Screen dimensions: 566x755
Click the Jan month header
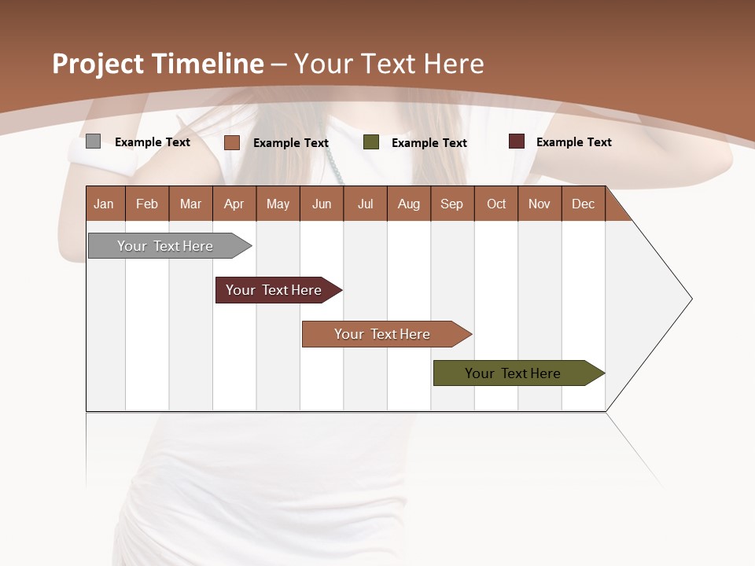(104, 204)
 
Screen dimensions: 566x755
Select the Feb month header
(147, 204)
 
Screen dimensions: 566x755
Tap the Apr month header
(234, 204)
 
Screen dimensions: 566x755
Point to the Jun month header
(322, 204)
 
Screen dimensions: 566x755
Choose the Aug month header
(408, 204)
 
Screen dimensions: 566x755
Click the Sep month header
(451, 204)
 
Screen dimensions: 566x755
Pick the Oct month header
(496, 204)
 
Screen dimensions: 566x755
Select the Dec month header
(583, 204)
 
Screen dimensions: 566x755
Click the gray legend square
(93, 141)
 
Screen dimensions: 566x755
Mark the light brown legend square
(231, 142)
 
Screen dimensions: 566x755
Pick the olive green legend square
(371, 142)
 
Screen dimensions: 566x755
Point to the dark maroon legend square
(516, 141)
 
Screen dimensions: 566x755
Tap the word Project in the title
(98, 64)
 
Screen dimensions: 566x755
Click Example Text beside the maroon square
(573, 142)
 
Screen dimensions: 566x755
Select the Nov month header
(539, 204)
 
